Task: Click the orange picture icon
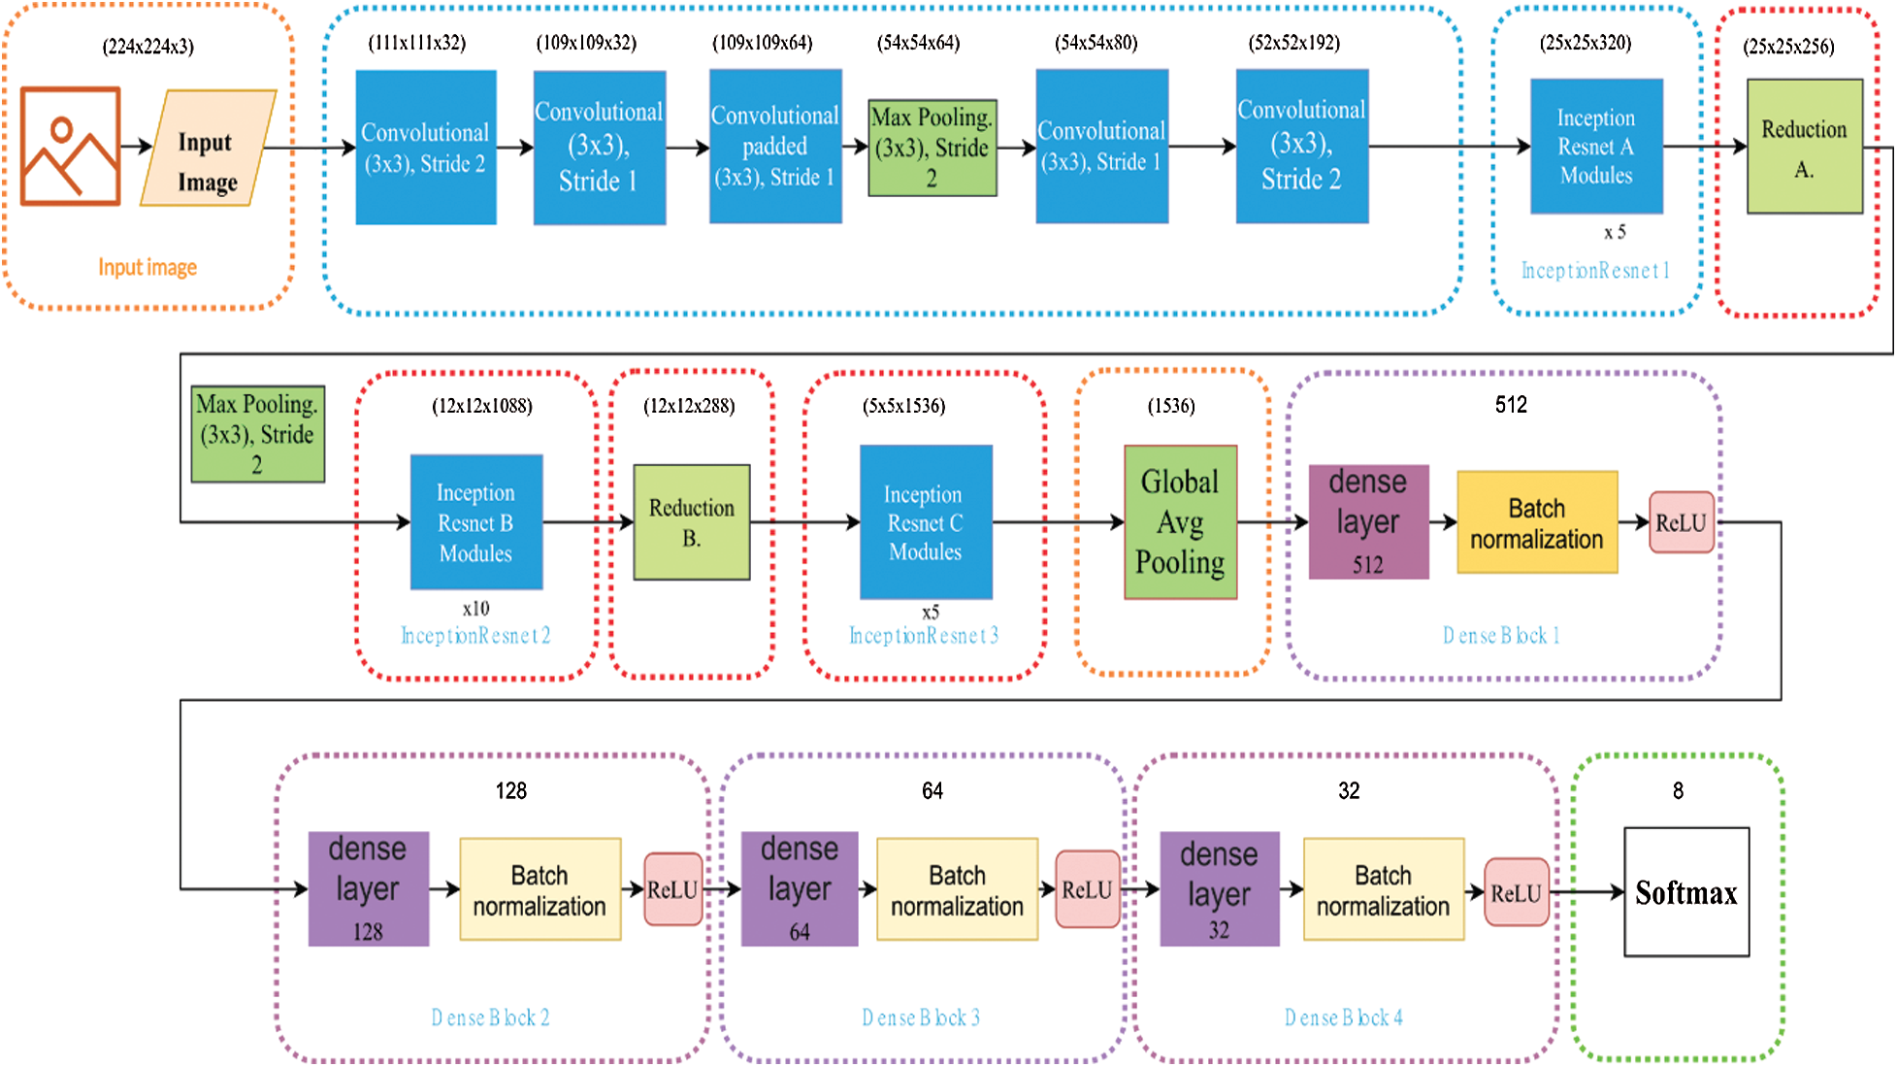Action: click(70, 147)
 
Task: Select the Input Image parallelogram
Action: click(208, 149)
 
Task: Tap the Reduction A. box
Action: click(1804, 147)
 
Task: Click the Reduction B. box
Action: click(691, 522)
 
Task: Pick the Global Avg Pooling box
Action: click(1180, 522)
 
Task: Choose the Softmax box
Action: click(1686, 892)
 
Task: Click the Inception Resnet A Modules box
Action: click(1596, 147)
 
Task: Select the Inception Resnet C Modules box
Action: click(926, 522)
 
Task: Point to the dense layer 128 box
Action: click(368, 888)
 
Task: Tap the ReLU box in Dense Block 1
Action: click(1681, 522)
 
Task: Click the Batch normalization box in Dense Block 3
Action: click(957, 889)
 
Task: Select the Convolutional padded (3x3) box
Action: click(775, 147)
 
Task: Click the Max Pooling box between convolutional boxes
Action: click(932, 148)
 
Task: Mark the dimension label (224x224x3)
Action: click(147, 47)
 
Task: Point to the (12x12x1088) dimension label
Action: click(481, 406)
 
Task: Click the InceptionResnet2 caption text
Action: click(475, 636)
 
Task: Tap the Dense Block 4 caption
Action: click(1343, 1017)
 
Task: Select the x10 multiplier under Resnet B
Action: click(475, 609)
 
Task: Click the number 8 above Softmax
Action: click(1678, 791)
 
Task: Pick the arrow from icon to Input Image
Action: click(137, 147)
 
